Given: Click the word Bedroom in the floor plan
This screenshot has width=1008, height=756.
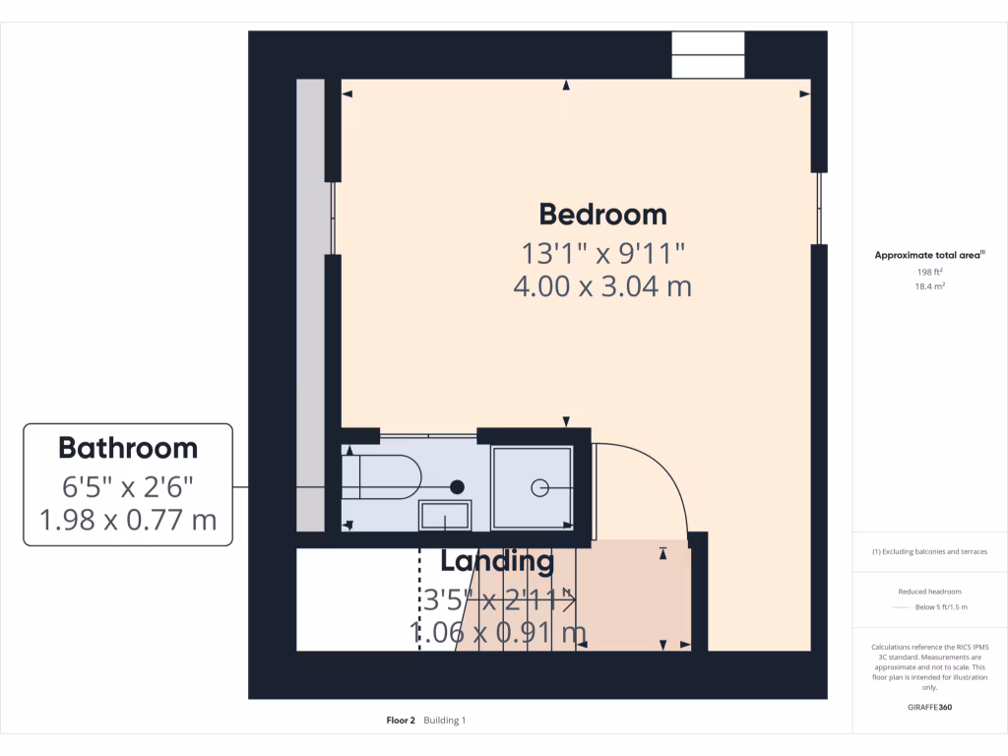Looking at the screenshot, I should point(602,214).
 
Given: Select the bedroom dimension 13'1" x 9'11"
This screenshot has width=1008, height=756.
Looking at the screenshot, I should point(602,253).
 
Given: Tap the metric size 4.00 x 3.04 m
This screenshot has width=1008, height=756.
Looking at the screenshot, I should point(602,286).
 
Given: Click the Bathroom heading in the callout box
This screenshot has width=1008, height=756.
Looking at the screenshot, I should point(128,448).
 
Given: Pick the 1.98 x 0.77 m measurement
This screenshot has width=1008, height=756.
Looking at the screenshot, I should point(128,519).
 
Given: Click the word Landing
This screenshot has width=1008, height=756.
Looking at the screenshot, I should point(497,561).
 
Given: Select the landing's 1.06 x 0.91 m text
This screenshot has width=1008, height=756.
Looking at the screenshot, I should point(498,631).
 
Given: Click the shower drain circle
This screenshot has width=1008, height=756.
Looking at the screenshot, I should point(539,486).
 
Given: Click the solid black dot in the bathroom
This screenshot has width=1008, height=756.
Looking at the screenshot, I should point(457,486).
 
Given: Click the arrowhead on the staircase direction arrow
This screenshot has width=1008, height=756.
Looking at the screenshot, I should point(570,598).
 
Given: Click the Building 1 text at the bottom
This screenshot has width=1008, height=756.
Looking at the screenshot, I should point(445,721).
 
